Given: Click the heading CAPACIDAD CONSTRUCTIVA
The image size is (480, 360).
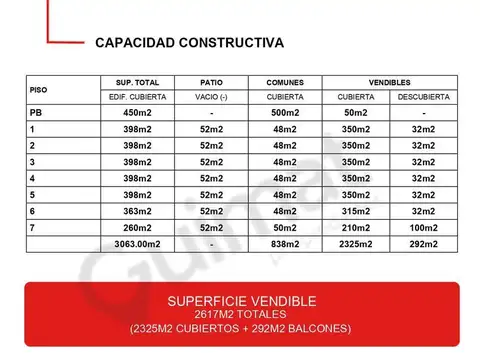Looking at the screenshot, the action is (x=188, y=43).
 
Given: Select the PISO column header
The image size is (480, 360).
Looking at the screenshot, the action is (x=38, y=89).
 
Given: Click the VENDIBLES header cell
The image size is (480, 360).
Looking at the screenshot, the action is (x=389, y=82).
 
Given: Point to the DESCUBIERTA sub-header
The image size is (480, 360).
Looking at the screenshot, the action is (x=423, y=97).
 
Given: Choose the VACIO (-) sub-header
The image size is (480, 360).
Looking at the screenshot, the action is (x=211, y=97).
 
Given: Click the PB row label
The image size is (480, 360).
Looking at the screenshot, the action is (x=36, y=113).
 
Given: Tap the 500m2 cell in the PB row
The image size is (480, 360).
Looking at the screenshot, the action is (x=285, y=113).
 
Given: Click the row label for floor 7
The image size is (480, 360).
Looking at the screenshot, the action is (x=33, y=227).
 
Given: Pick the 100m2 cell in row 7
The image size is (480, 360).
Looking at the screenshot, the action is (x=423, y=227).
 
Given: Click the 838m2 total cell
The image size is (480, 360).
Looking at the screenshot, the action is (x=285, y=243).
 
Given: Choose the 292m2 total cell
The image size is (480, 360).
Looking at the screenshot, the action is (x=423, y=243).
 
